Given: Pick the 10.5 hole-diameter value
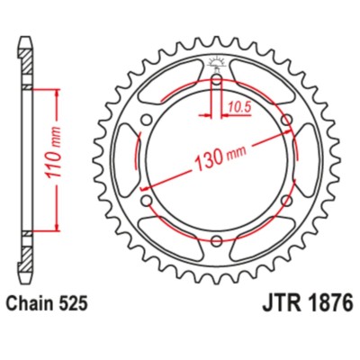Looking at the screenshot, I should (x=239, y=106).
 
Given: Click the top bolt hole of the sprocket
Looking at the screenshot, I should (x=217, y=81).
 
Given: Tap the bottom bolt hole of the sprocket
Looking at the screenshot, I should (x=217, y=239).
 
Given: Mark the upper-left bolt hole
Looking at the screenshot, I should (x=147, y=120).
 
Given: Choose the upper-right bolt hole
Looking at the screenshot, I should (x=286, y=120).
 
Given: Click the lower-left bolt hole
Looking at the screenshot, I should (x=147, y=200).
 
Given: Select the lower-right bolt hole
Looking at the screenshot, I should (x=286, y=200).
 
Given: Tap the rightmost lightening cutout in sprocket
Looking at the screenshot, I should (x=305, y=160).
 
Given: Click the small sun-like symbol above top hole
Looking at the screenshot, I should (x=217, y=62).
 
